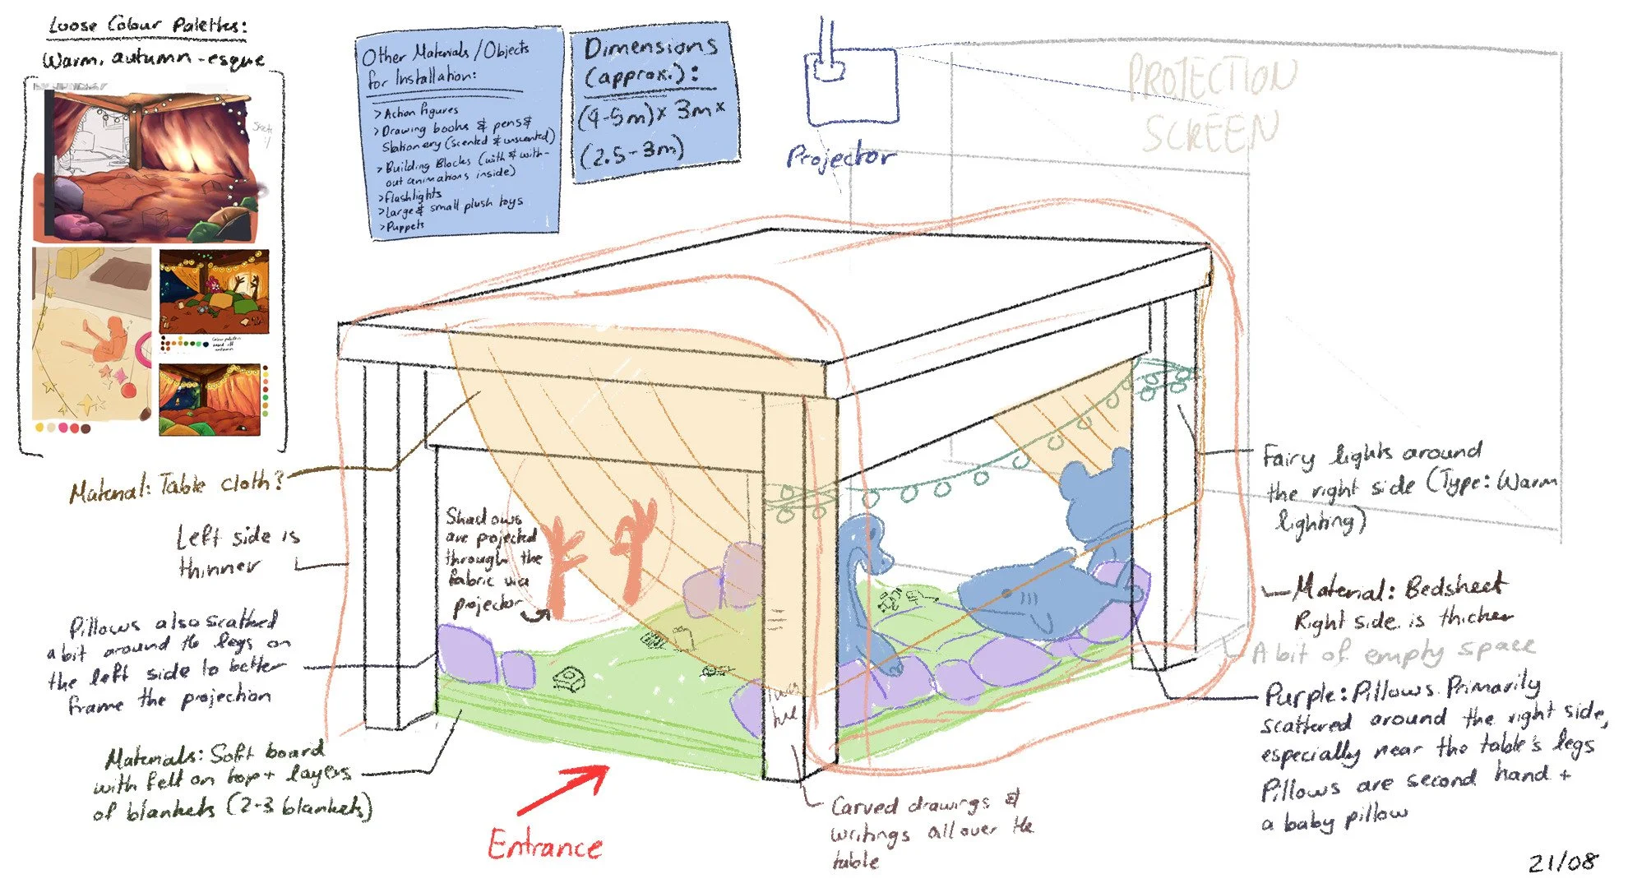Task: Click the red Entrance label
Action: [545, 845]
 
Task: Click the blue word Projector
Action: [839, 156]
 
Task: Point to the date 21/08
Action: [1563, 862]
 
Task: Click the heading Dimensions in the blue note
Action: [650, 47]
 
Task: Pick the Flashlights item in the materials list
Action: [412, 196]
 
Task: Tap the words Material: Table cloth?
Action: [177, 486]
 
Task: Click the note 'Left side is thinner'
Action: [238, 551]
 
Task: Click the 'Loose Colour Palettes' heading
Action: [148, 25]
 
